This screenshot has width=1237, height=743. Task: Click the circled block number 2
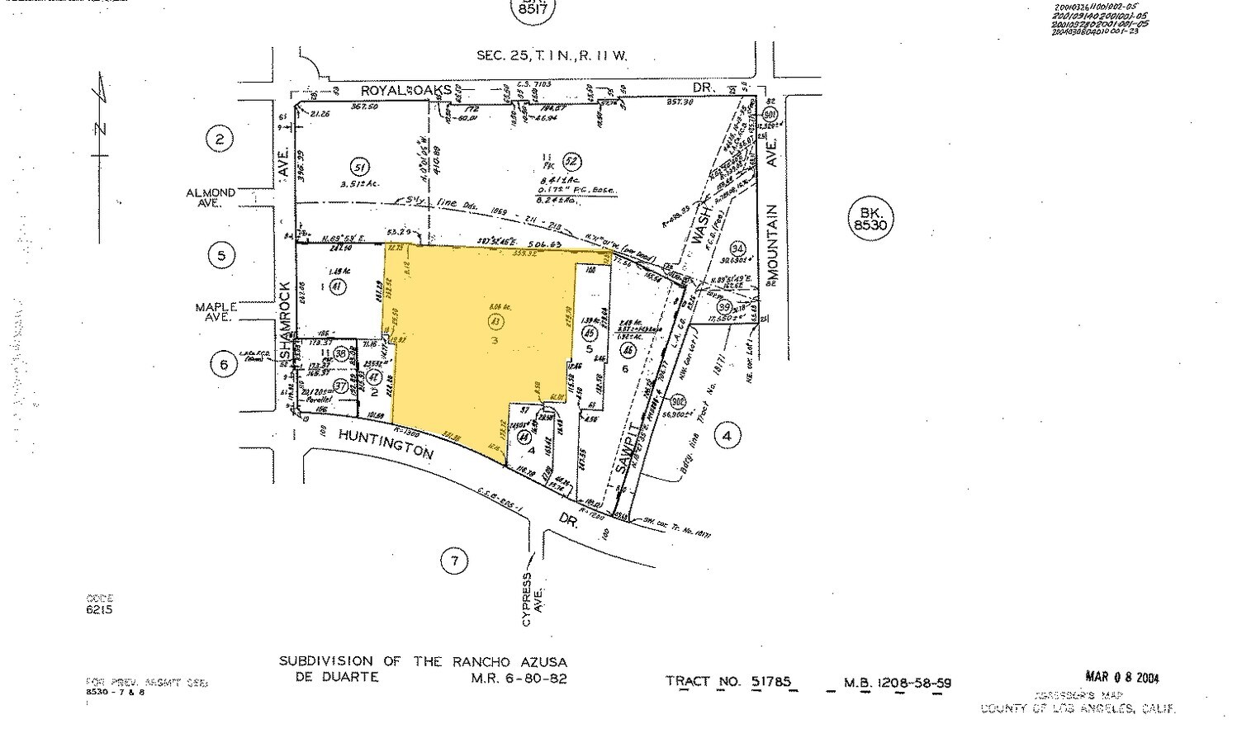click(219, 139)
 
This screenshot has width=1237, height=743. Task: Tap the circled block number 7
click(454, 562)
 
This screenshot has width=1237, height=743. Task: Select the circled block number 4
click(727, 435)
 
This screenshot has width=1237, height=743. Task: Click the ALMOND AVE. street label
click(211, 197)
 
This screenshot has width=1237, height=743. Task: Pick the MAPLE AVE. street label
click(216, 311)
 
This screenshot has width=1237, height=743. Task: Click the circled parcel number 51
click(357, 164)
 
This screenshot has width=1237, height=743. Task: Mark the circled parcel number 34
click(737, 249)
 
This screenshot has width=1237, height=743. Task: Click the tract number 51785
click(770, 682)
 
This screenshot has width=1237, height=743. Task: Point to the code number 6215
click(99, 610)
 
